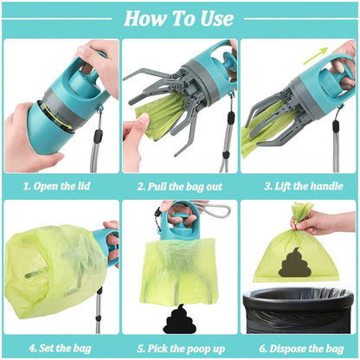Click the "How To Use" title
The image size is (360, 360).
(179, 17)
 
